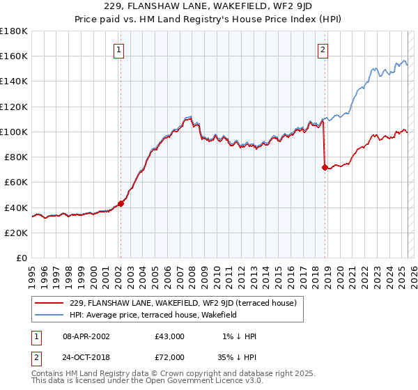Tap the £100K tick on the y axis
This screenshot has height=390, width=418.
click(x=14, y=132)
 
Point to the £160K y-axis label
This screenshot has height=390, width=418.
click(x=14, y=56)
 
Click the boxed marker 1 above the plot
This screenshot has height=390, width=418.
click(x=120, y=49)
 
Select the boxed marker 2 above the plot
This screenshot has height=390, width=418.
click(x=324, y=49)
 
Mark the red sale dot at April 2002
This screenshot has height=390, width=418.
click(x=121, y=203)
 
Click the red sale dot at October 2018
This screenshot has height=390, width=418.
click(x=325, y=167)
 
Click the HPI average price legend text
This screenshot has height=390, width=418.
click(x=153, y=315)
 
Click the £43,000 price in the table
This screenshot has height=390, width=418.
click(x=170, y=336)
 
